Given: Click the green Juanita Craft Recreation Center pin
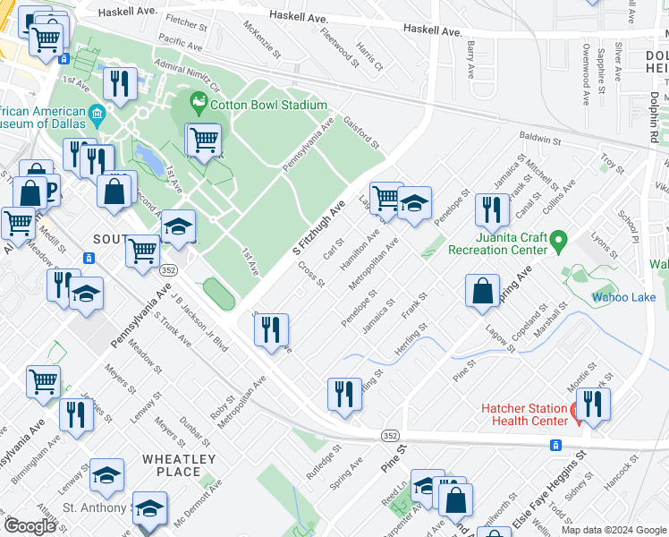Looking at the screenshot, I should click(558, 240).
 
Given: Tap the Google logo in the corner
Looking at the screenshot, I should click(30, 526).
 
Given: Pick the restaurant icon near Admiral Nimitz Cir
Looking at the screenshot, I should click(119, 83).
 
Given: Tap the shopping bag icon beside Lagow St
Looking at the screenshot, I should click(482, 290).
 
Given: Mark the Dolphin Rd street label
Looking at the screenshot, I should click(655, 113).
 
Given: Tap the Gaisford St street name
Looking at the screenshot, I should click(361, 133).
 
